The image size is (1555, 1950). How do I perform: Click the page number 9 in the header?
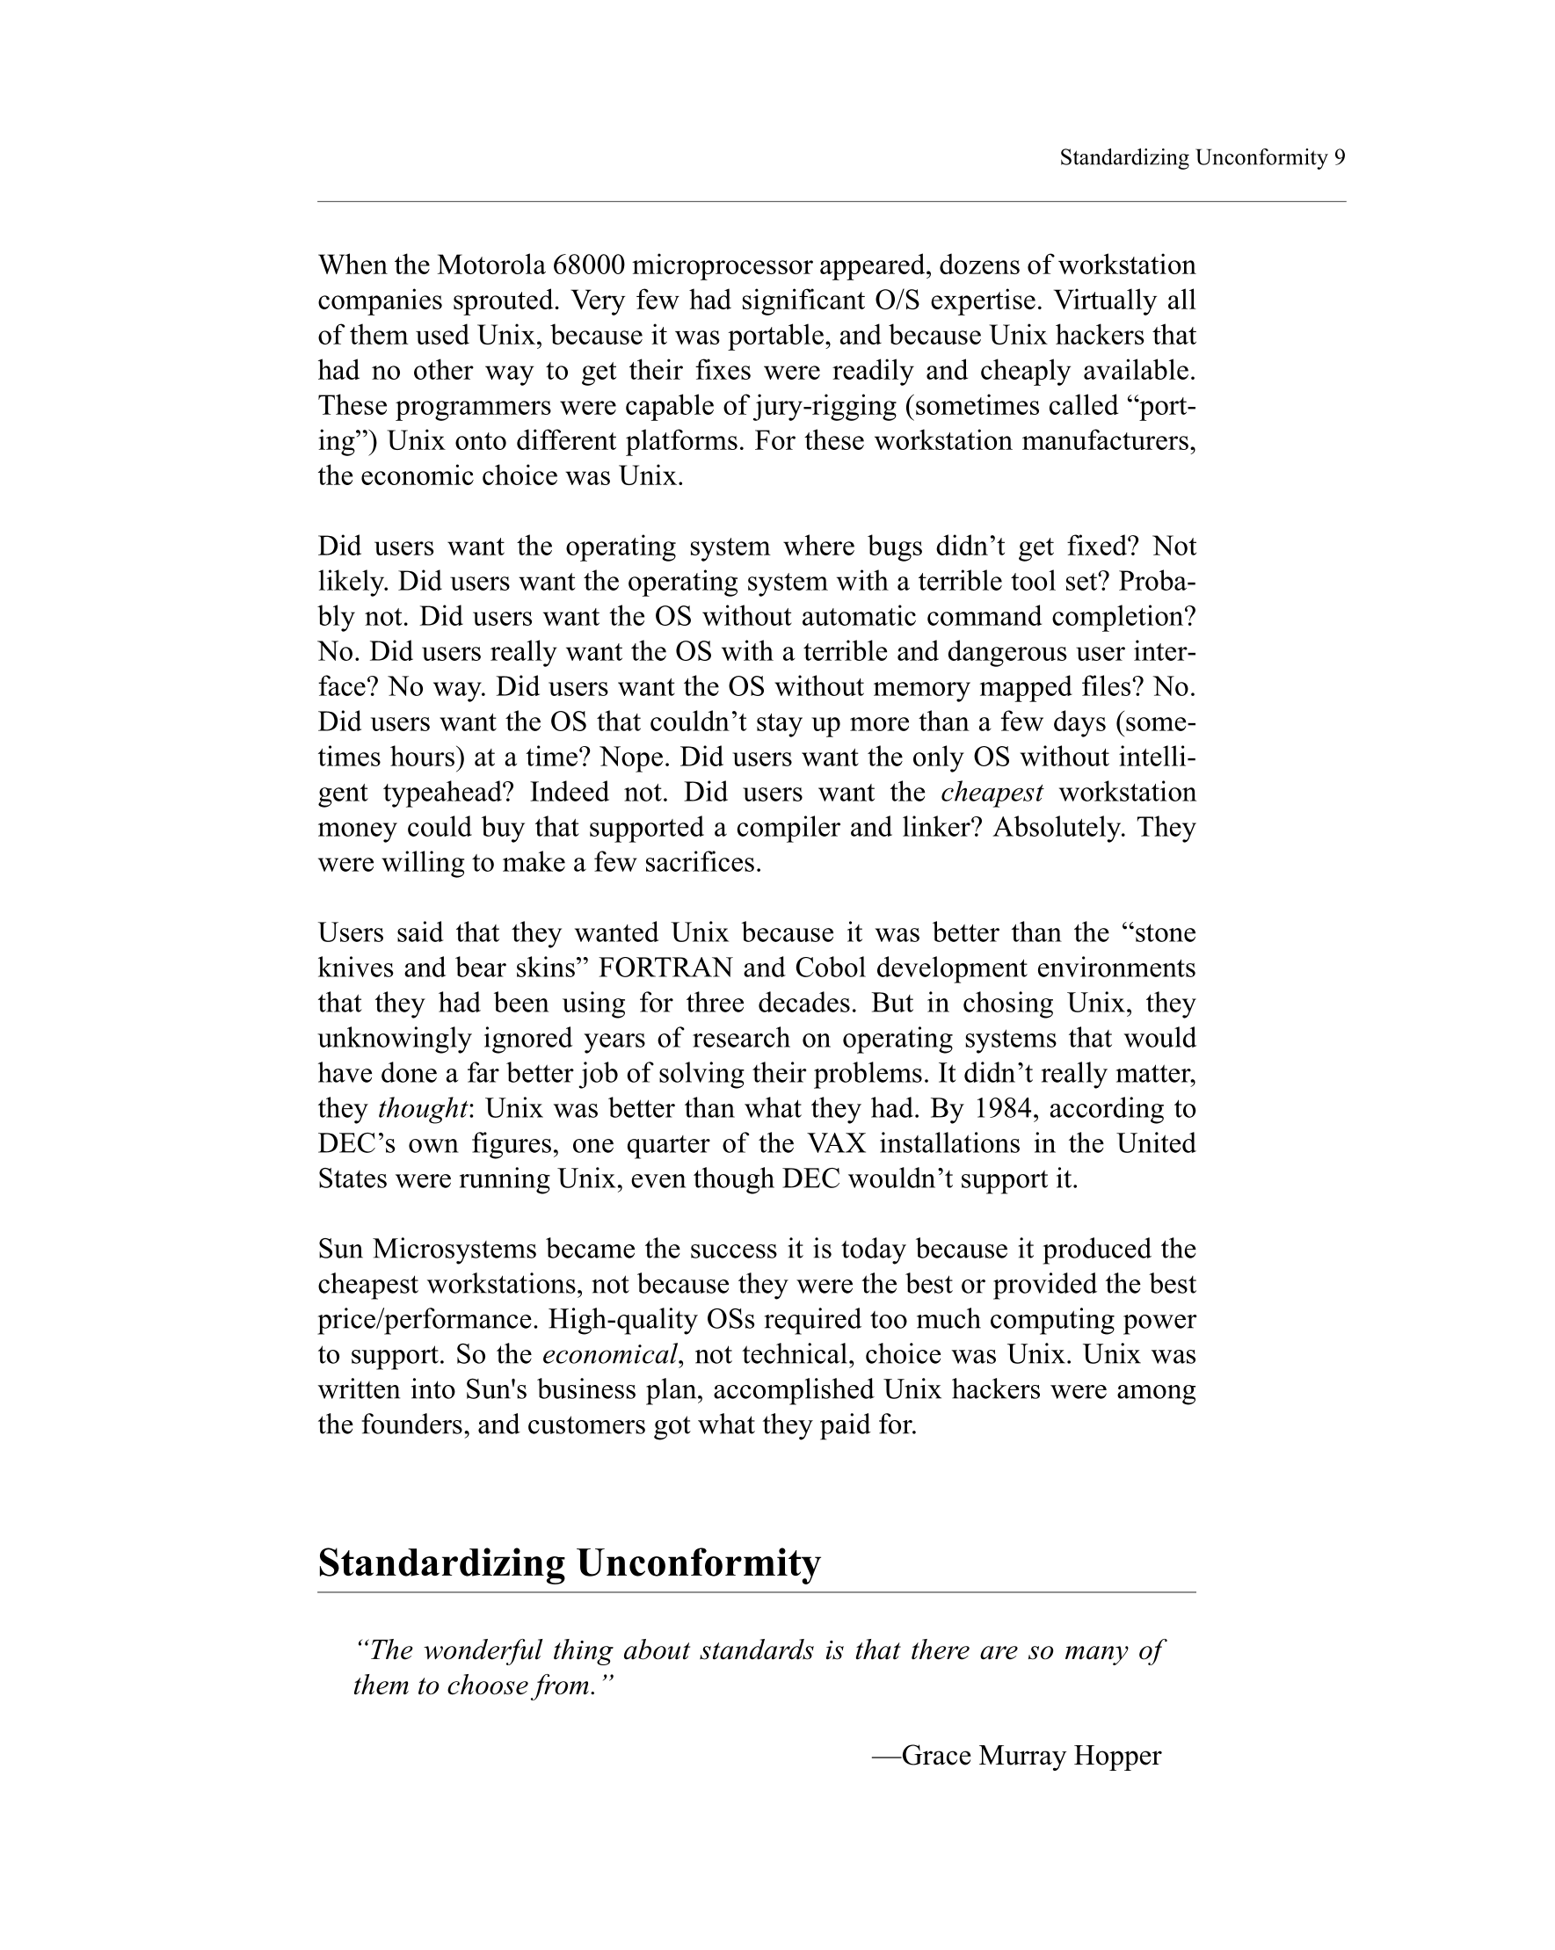(1339, 158)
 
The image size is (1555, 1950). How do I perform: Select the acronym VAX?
(837, 1144)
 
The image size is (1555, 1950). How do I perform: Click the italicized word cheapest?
(992, 794)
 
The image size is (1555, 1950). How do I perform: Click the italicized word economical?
(610, 1355)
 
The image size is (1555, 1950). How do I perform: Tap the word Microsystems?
(454, 1250)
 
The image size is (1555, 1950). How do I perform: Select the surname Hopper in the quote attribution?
(1117, 1756)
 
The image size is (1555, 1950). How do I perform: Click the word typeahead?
(447, 794)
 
